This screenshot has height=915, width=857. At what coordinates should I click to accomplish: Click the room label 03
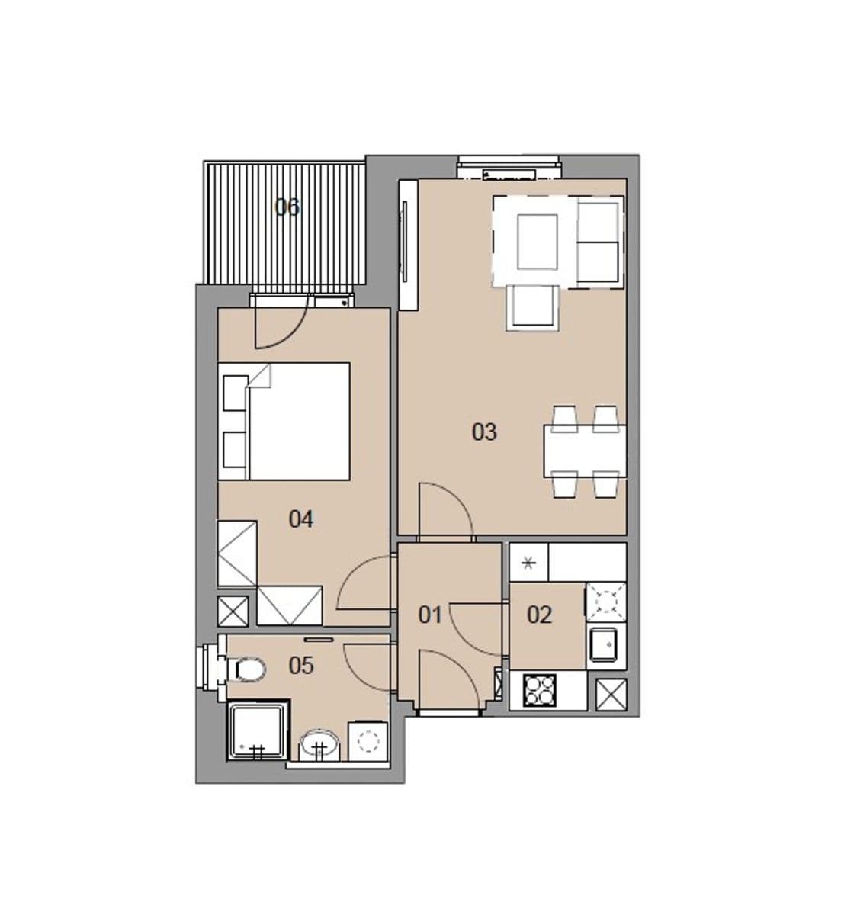pyautogui.click(x=484, y=432)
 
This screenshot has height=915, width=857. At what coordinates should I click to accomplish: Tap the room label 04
pyautogui.click(x=300, y=520)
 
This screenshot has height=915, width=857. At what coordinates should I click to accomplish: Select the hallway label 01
pyautogui.click(x=430, y=615)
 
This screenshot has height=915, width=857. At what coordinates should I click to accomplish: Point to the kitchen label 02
pyautogui.click(x=539, y=615)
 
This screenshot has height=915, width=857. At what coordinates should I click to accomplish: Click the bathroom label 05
pyautogui.click(x=301, y=666)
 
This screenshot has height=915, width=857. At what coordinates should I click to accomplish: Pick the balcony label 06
pyautogui.click(x=287, y=207)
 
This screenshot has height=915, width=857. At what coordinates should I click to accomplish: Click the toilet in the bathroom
pyautogui.click(x=249, y=670)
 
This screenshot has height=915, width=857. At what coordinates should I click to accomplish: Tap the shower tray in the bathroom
pyautogui.click(x=258, y=730)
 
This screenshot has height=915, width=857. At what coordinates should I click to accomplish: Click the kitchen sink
pyautogui.click(x=605, y=645)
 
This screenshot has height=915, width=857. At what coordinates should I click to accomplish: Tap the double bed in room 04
pyautogui.click(x=294, y=421)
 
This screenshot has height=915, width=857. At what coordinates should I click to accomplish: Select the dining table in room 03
pyautogui.click(x=585, y=451)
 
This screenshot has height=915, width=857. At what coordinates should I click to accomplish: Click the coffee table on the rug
pyautogui.click(x=538, y=241)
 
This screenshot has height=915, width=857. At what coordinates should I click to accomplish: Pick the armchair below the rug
pyautogui.click(x=533, y=307)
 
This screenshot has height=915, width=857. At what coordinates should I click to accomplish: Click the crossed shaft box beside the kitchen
pyautogui.click(x=611, y=694)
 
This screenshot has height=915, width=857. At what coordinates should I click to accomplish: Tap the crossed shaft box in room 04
pyautogui.click(x=233, y=612)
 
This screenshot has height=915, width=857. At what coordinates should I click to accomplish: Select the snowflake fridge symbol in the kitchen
pyautogui.click(x=529, y=564)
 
